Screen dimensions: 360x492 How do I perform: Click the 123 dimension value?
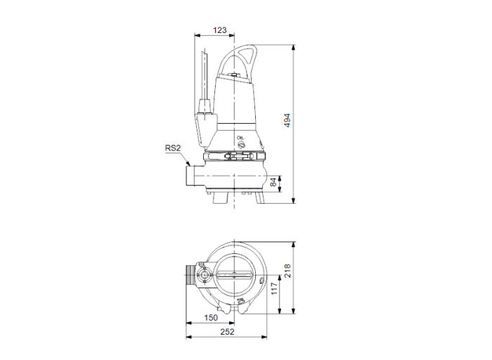click(221, 30)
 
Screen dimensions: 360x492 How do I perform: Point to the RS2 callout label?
click(172, 148)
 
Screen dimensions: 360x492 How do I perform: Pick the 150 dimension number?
click(211, 318)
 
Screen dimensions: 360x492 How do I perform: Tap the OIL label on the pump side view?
click(241, 139)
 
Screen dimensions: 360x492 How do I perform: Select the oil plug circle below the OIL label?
click(241, 145)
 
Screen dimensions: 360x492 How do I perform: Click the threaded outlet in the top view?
click(190, 275)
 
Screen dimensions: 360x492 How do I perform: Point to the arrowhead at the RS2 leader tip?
click(188, 164)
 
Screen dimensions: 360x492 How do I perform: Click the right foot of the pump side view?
click(261, 198)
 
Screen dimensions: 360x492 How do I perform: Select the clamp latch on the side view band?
click(235, 155)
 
